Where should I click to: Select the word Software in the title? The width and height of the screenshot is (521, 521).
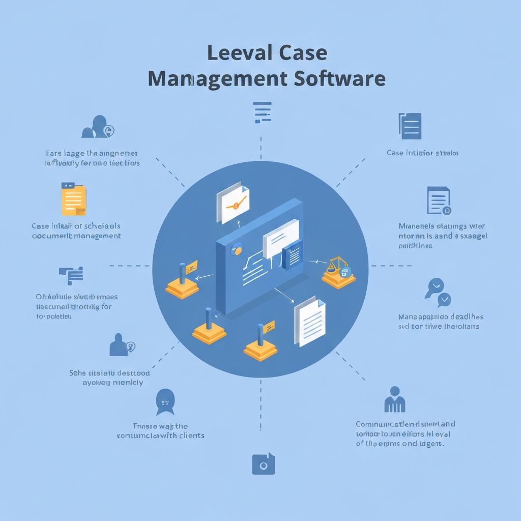coord(340,79)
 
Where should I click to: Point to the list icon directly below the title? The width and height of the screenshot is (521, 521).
coord(262,112)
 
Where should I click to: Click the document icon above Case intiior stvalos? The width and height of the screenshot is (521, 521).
coord(410,126)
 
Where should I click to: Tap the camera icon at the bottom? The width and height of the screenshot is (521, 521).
coord(263,464)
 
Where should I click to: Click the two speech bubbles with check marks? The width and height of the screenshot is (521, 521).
coord(437,293)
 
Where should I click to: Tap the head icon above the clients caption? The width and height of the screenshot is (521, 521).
coord(165,401)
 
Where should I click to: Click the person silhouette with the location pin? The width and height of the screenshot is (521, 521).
coord(121,345)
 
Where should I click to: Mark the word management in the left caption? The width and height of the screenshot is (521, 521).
coord(98,236)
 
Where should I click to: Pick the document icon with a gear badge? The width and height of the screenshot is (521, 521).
coord(439,200)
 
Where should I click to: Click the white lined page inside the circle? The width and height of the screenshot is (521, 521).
coord(309,322)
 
